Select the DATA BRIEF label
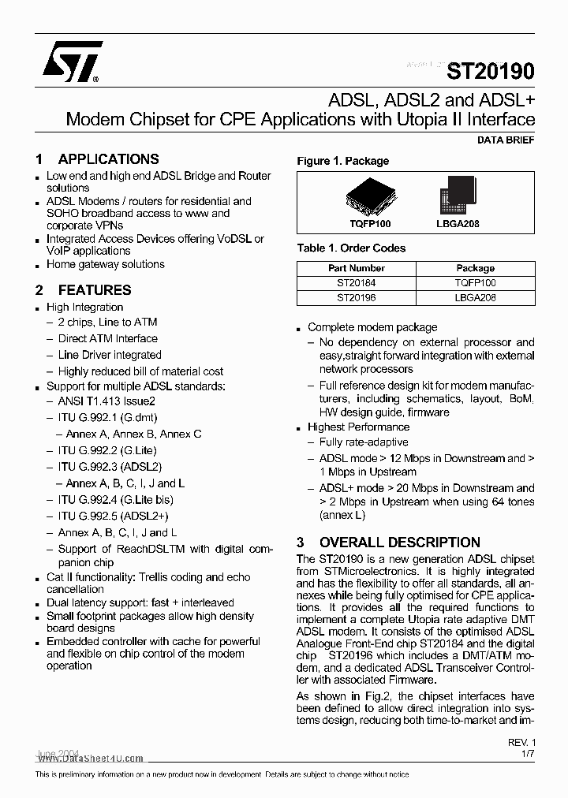pos(506,140)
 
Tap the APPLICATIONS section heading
pos(108,158)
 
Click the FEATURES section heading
pos(95,289)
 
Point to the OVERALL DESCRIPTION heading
pos(399,543)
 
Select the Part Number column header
pos(356,268)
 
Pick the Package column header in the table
pos(475,268)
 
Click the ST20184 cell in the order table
pos(356,283)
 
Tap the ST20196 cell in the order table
pos(356,298)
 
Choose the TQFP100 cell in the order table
pos(475,283)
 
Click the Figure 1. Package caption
pos(342,161)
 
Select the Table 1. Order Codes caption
pos(351,248)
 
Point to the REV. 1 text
pos(521,743)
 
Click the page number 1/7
pos(528,755)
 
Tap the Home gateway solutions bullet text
pos(105,264)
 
